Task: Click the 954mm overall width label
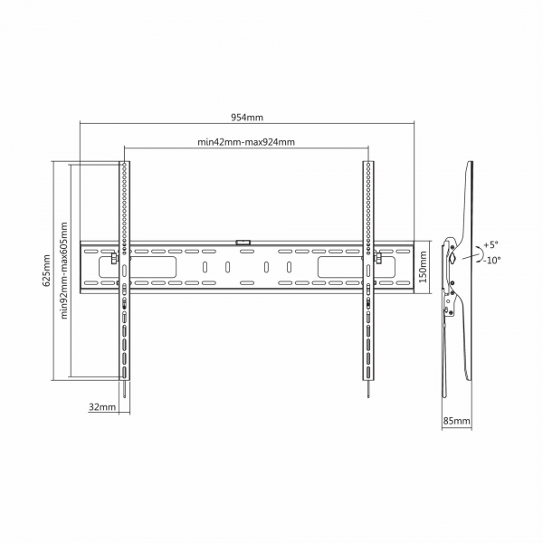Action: pyautogui.click(x=247, y=118)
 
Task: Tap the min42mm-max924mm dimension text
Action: pyautogui.click(x=246, y=142)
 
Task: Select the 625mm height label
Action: pyautogui.click(x=46, y=271)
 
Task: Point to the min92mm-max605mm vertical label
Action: pyautogui.click(x=64, y=271)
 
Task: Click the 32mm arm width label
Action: pyautogui.click(x=102, y=406)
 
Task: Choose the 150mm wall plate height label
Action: pyautogui.click(x=423, y=267)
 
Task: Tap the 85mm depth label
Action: pyautogui.click(x=457, y=421)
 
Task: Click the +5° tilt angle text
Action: pyautogui.click(x=491, y=244)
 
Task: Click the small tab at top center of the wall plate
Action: pyautogui.click(x=243, y=242)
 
